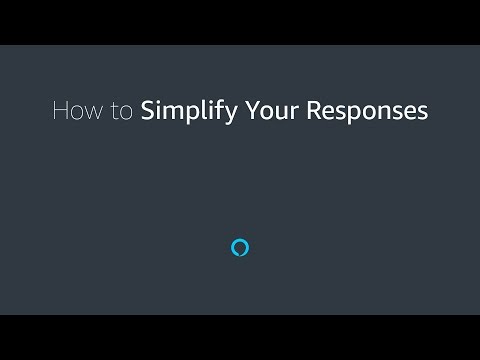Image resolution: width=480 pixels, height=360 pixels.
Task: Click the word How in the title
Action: (x=77, y=110)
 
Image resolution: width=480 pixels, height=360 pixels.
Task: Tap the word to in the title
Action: (x=122, y=111)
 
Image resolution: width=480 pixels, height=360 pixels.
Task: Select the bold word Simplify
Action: (x=189, y=112)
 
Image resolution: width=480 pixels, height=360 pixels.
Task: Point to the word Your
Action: (x=272, y=110)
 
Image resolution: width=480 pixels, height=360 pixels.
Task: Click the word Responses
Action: (x=367, y=112)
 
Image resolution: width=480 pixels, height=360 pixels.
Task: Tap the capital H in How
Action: (x=60, y=110)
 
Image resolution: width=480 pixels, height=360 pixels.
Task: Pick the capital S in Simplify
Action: (x=147, y=110)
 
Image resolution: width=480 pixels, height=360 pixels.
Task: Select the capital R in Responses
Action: (x=314, y=110)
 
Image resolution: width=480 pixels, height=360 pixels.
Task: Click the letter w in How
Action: (x=94, y=113)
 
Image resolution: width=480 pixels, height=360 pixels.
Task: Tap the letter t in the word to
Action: (x=114, y=111)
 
